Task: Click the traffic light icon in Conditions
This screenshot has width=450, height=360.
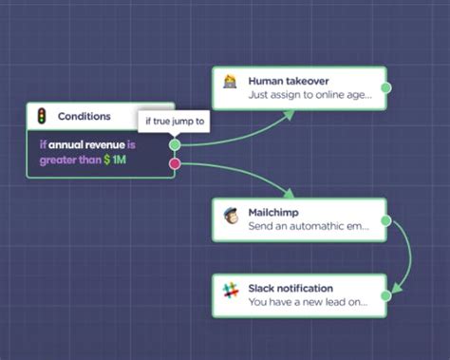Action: pyautogui.click(x=42, y=116)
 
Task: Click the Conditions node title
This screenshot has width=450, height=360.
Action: pyautogui.click(x=84, y=116)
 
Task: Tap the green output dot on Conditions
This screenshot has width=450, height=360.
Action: pyautogui.click(x=175, y=145)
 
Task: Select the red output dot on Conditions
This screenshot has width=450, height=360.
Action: pyautogui.click(x=175, y=163)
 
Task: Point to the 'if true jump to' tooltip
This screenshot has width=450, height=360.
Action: pyautogui.click(x=176, y=122)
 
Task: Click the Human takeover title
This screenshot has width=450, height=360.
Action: pyautogui.click(x=289, y=81)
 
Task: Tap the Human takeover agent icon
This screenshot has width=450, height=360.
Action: pyautogui.click(x=230, y=83)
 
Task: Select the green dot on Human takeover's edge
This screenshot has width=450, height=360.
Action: pyautogui.click(x=385, y=87)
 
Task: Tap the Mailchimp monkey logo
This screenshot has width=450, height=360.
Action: pyautogui.click(x=231, y=215)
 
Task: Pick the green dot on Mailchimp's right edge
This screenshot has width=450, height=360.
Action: pyautogui.click(x=385, y=219)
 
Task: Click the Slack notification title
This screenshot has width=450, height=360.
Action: pyautogui.click(x=291, y=288)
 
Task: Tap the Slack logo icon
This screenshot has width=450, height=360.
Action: pyautogui.click(x=230, y=290)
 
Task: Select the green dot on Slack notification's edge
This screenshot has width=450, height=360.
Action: pyautogui.click(x=385, y=295)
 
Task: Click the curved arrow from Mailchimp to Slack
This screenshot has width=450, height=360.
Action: pyautogui.click(x=408, y=256)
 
